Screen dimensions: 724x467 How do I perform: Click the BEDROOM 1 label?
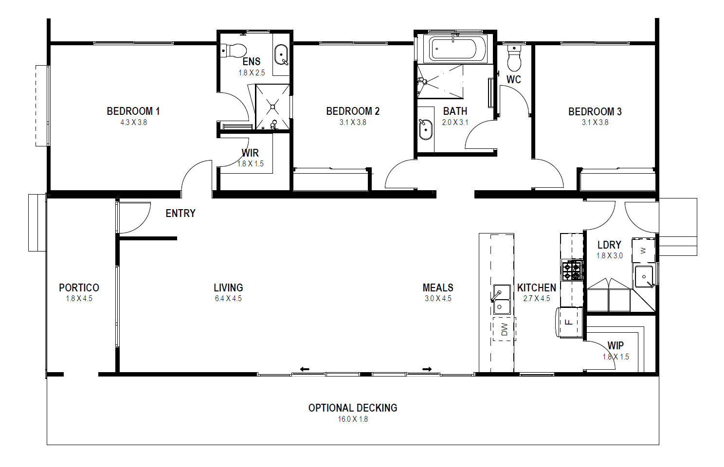click(133, 111)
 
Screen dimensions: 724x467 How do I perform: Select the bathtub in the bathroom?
click(455, 49)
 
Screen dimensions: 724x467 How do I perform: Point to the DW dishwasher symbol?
click(504, 329)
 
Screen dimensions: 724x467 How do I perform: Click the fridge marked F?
click(569, 322)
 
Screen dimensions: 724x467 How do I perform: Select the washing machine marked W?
click(643, 251)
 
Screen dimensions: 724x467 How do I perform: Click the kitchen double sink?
click(502, 299)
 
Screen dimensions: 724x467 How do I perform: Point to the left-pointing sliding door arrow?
click(305, 369)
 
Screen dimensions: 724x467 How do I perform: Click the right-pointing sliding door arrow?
click(427, 369)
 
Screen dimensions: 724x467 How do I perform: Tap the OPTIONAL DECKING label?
click(353, 408)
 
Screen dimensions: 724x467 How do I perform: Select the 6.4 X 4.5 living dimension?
click(228, 298)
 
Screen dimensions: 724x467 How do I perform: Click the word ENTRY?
click(181, 213)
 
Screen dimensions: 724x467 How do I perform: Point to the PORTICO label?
click(79, 287)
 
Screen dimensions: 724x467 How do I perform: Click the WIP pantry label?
click(615, 345)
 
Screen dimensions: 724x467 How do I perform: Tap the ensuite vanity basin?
click(281, 55)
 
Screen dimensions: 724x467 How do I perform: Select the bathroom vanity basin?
click(425, 129)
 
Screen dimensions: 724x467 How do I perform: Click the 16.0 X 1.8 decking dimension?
click(353, 419)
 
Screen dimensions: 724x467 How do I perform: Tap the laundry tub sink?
click(644, 277)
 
